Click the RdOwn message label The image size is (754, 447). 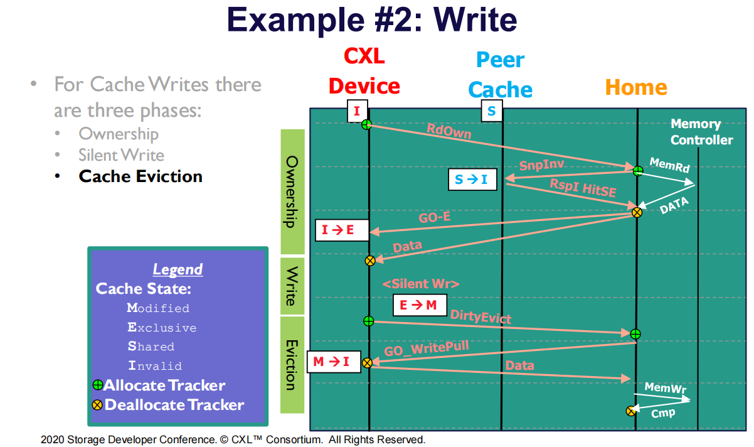tap(449, 132)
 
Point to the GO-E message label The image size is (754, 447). tap(435, 220)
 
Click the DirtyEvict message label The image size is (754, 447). tap(481, 317)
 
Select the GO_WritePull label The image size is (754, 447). tap(427, 349)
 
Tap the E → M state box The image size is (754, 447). tap(420, 305)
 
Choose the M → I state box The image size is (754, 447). tap(332, 362)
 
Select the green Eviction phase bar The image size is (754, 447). tap(292, 365)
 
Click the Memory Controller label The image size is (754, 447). tap(701, 132)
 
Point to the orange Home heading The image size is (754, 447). tap(636, 87)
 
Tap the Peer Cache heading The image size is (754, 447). tap(500, 75)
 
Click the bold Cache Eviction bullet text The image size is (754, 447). tap(141, 176)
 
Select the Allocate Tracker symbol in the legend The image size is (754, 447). tap(98, 385)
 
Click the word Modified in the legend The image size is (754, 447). tap(158, 308)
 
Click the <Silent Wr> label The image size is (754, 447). tap(421, 284)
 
